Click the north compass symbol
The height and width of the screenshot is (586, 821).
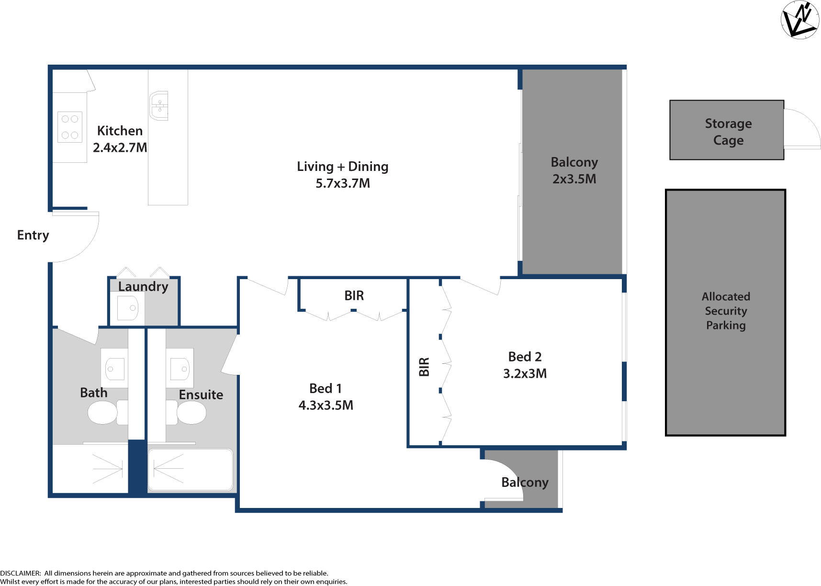pos(799,20)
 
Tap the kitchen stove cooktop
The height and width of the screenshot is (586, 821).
pos(70,127)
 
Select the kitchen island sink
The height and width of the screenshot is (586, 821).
pos(159,105)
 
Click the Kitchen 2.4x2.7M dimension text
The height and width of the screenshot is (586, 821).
pos(120,147)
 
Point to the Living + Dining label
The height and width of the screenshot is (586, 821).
pos(342,167)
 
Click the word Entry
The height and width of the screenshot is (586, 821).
pos(33,235)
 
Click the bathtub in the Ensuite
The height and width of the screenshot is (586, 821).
pos(191,470)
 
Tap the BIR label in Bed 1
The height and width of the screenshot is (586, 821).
pos(354,296)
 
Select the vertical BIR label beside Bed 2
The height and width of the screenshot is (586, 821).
pos(424,367)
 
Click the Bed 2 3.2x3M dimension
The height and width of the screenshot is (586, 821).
pos(525,373)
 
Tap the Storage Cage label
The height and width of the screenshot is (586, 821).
pos(728,132)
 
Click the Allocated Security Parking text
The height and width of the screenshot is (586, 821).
pos(726,311)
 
